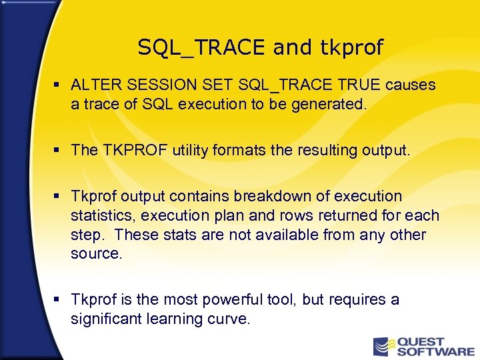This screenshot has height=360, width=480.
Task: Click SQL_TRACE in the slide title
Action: tap(202, 47)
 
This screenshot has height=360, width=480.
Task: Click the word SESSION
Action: tap(145, 85)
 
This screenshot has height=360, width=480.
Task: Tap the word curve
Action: tap(231, 319)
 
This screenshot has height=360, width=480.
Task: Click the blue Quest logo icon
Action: tap(382, 346)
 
